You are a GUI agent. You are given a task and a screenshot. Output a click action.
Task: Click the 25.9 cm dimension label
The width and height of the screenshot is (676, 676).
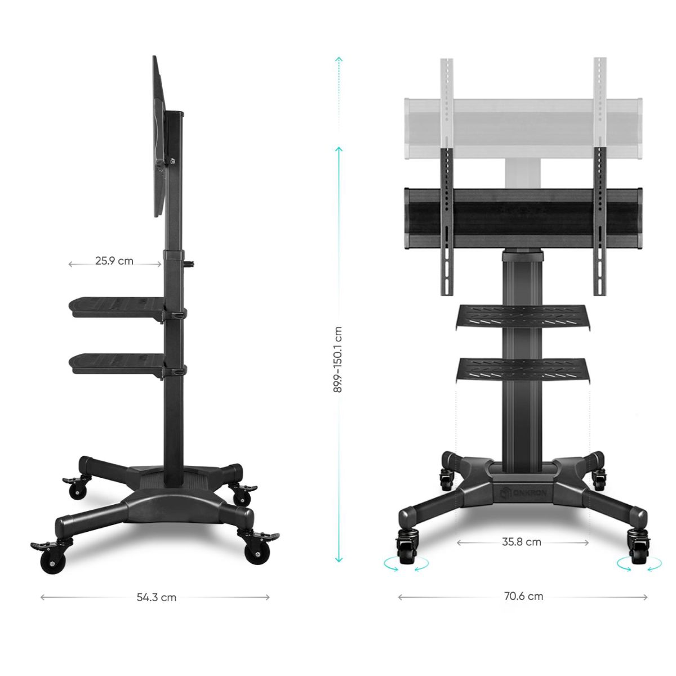(114, 261)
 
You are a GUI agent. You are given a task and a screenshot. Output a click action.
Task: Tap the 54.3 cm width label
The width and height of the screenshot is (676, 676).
(157, 598)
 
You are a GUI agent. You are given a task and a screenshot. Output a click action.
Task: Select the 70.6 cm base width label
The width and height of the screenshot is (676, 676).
(524, 597)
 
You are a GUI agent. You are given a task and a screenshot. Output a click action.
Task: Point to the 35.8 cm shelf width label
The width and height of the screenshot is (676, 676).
(522, 542)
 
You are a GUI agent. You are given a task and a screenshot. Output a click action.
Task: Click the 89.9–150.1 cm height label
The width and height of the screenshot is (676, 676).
(338, 359)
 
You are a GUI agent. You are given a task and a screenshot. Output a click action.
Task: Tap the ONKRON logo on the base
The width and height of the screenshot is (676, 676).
(523, 493)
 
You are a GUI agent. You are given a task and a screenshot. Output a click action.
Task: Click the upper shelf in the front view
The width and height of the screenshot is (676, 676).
(523, 317)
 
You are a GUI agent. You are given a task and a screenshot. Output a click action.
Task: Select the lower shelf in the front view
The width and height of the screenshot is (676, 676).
(523, 370)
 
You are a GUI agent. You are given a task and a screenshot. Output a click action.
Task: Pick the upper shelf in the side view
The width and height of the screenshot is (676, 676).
(117, 308)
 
